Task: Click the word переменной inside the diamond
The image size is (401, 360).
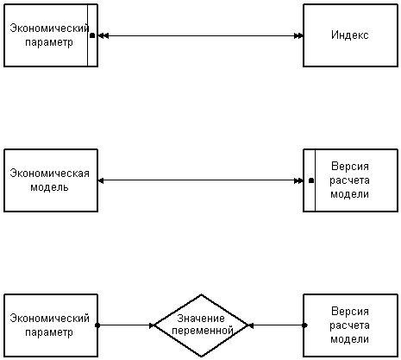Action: [x=202, y=331]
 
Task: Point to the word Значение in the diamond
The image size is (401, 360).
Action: [x=201, y=319]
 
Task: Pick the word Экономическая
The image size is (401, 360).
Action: [x=49, y=174]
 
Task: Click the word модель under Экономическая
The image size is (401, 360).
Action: [x=49, y=187]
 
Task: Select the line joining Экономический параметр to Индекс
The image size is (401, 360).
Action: [x=201, y=35]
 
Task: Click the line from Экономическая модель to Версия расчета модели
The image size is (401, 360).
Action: [x=201, y=180]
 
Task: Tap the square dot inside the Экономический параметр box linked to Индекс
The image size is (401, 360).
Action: [x=92, y=35]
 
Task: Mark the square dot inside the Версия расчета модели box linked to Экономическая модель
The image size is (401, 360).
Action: [x=311, y=180]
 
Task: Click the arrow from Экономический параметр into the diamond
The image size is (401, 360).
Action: [x=126, y=325]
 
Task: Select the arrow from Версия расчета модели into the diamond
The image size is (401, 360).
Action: [x=276, y=325]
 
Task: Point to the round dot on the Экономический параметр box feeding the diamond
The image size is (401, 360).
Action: [x=97, y=325]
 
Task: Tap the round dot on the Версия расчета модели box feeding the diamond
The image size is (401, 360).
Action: [x=304, y=325]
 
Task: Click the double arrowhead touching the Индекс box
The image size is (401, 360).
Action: [x=298, y=35]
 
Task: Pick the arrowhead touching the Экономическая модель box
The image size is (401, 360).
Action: [x=101, y=180]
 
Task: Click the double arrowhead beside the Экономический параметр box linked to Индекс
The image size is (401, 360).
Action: [x=103, y=35]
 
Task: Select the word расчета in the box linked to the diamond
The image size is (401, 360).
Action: [x=349, y=325]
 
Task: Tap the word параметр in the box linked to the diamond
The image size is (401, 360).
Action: [x=49, y=332]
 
